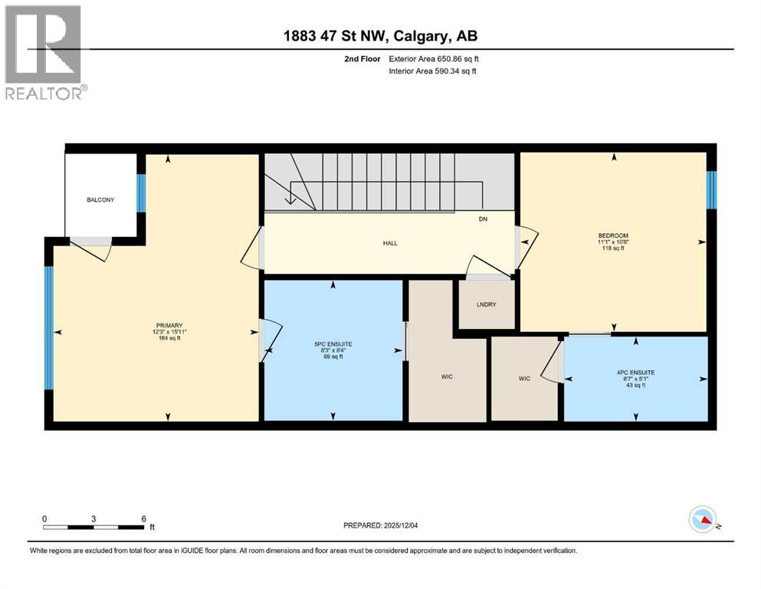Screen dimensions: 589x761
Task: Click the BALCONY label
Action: (x=100, y=200)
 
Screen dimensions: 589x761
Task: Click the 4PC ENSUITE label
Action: (x=635, y=372)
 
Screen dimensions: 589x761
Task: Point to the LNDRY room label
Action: (x=486, y=304)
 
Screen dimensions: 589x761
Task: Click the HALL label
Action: (x=391, y=243)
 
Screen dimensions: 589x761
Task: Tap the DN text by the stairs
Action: (x=483, y=219)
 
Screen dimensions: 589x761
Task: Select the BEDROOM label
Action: (x=613, y=235)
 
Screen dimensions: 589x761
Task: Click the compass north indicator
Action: (x=702, y=521)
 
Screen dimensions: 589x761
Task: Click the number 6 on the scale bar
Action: (x=143, y=518)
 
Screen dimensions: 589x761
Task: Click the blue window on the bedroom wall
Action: (x=710, y=189)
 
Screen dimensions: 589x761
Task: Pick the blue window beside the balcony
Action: (x=141, y=193)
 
